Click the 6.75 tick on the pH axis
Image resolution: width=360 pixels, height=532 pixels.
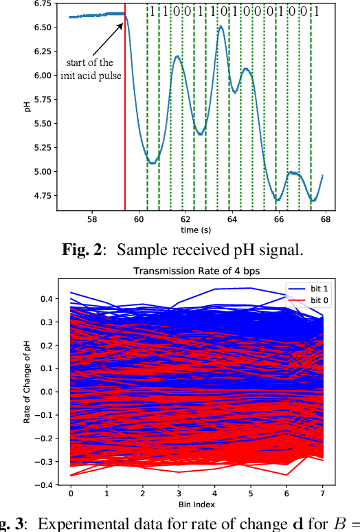41,3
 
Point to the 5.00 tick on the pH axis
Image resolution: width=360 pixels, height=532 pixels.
41,172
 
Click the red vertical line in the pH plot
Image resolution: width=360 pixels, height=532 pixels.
125,137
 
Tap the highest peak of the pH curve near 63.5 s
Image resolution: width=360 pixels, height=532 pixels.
221,27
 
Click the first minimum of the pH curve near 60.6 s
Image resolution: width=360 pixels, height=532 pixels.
153,162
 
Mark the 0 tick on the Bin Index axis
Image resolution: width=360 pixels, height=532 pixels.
70,493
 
